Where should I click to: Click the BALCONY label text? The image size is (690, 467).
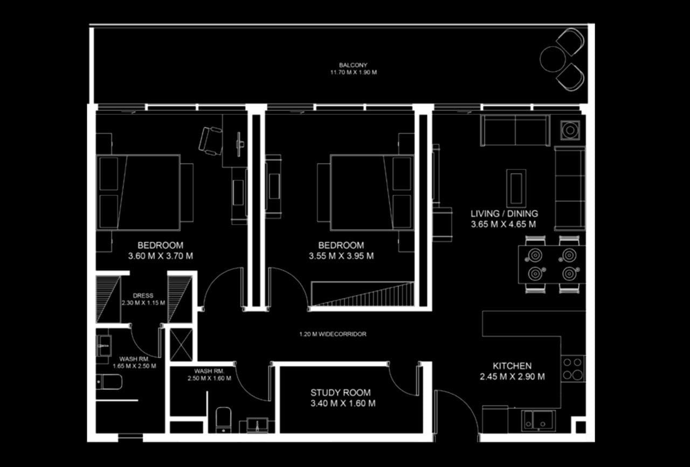[353, 65]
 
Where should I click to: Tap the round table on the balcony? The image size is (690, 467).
[553, 59]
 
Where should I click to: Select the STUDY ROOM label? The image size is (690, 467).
[340, 393]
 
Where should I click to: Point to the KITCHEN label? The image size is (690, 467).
[512, 366]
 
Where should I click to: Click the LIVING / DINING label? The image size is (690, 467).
[504, 214]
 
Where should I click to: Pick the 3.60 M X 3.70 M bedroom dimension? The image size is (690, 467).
[161, 256]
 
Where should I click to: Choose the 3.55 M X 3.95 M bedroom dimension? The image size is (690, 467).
[341, 256]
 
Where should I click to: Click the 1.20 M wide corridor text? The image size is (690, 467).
[333, 334]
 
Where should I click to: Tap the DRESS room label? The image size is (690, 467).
[143, 296]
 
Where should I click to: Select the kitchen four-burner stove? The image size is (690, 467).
[572, 369]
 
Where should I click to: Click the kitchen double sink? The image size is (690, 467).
[539, 420]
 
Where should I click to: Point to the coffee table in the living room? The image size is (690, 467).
[516, 188]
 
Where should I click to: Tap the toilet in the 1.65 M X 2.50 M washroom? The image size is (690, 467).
[109, 382]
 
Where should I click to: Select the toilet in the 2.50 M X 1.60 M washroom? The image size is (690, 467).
[223, 420]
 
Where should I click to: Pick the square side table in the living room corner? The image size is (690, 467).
[570, 131]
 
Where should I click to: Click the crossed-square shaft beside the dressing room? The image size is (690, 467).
[181, 345]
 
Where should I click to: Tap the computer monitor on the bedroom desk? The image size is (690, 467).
[239, 144]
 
